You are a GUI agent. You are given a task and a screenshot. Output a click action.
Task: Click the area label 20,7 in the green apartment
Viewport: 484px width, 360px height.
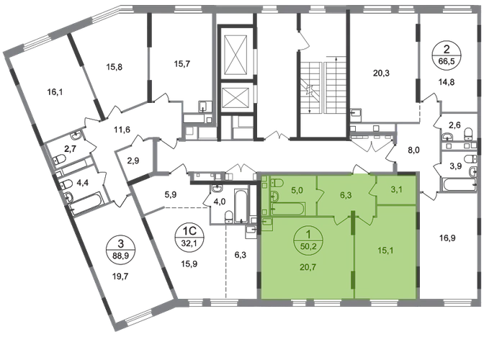tap(308, 267)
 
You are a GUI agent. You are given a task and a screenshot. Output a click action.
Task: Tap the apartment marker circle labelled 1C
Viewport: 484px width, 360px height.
tap(189, 237)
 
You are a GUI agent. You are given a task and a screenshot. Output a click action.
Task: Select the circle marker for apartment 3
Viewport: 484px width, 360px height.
tap(121, 250)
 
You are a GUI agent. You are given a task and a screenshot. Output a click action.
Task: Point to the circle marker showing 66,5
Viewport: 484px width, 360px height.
tap(447, 55)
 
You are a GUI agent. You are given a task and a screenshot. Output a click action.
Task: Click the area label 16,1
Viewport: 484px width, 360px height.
tap(55, 91)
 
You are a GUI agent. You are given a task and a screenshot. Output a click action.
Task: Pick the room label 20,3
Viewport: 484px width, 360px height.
tap(381, 73)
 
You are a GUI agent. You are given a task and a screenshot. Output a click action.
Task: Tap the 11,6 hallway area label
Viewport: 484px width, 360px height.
tap(122, 130)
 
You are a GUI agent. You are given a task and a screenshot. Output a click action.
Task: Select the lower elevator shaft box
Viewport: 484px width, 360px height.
tap(236, 97)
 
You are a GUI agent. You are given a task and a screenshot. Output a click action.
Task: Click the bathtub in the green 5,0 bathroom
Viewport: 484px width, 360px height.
tap(288, 209)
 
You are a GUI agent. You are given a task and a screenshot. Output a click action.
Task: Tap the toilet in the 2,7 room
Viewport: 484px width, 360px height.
tap(59, 160)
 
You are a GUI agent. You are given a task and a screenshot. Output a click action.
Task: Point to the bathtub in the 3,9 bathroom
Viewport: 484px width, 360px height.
tap(459, 185)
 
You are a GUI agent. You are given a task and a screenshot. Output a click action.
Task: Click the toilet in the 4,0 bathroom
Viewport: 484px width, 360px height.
tap(228, 216)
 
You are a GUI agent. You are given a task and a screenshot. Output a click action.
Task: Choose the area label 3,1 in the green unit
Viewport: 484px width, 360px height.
tap(396, 189)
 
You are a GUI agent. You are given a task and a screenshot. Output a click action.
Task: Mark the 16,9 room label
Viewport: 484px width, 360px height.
tap(447, 238)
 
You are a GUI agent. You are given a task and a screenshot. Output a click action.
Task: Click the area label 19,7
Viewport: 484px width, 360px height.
tap(120, 276)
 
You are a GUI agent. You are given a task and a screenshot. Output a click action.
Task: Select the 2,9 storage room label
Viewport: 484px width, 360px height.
tap(133, 161)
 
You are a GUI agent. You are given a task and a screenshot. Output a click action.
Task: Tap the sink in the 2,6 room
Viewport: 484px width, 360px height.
tap(447, 136)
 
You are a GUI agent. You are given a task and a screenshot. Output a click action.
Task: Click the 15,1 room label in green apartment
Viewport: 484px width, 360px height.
tap(385, 251)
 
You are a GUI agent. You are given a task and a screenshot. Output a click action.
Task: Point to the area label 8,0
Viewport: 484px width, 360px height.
tap(413, 150)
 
